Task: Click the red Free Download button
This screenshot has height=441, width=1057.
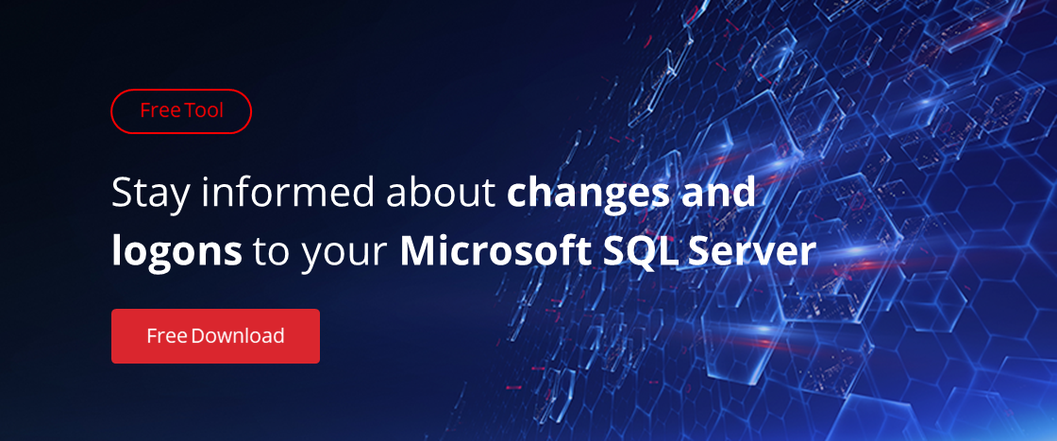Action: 215,336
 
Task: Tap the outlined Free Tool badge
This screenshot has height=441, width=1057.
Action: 180,111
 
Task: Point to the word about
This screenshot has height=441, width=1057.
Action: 440,193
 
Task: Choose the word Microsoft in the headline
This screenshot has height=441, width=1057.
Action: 506,252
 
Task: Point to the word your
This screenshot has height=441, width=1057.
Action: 344,256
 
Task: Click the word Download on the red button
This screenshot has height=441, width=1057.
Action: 237,336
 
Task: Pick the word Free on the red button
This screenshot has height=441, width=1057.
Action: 166,336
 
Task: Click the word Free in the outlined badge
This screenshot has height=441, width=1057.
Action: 159,110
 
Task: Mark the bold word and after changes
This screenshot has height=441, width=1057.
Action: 718,193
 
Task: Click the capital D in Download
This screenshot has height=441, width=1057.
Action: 198,336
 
